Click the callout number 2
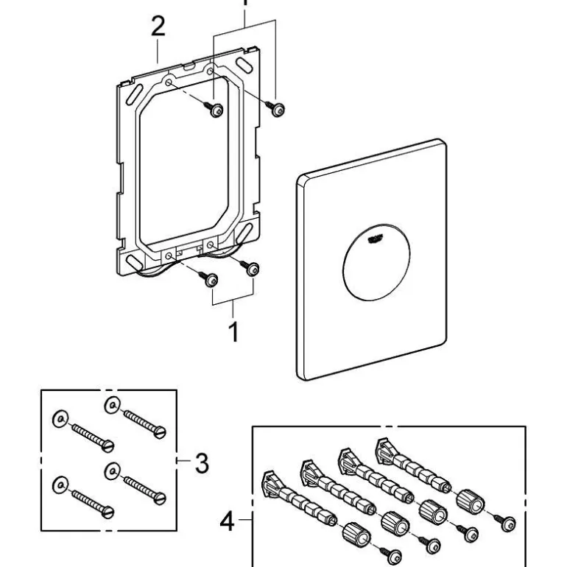(158, 29)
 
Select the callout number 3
(200, 464)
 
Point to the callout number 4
(228, 524)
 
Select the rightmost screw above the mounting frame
(278, 108)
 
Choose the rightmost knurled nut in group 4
(468, 501)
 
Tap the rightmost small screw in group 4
(507, 524)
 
